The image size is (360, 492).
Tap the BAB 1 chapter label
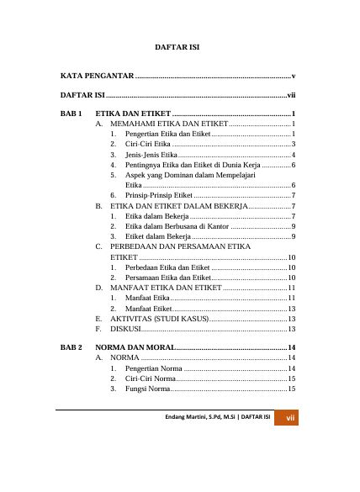tap(72, 112)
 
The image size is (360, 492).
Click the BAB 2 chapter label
tap(72, 347)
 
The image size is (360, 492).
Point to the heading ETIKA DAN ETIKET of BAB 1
tap(133, 112)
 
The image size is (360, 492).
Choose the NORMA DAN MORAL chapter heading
tap(135, 347)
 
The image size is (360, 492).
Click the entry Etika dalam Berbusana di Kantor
tap(176, 226)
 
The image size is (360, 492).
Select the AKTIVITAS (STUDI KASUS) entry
tap(159, 319)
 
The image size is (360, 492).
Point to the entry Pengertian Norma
tap(153, 368)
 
